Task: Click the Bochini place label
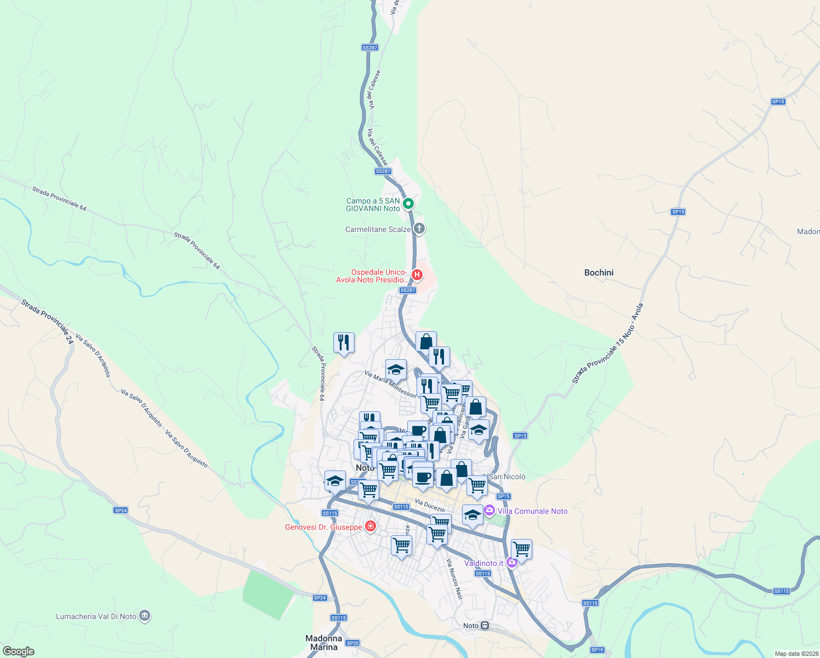599,273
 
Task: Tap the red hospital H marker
417,274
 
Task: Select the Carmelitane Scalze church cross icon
419,229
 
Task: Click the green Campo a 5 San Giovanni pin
408,204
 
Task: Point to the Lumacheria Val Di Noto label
96,616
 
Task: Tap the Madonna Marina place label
323,643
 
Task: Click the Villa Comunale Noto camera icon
489,510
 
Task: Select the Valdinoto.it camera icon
512,562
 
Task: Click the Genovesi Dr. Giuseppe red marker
371,526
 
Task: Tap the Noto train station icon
485,626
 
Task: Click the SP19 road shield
597,650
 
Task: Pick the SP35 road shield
352,643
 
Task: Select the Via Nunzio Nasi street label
455,579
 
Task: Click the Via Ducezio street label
430,505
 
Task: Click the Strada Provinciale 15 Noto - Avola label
607,344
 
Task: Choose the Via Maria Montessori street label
390,384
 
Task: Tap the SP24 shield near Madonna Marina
320,598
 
